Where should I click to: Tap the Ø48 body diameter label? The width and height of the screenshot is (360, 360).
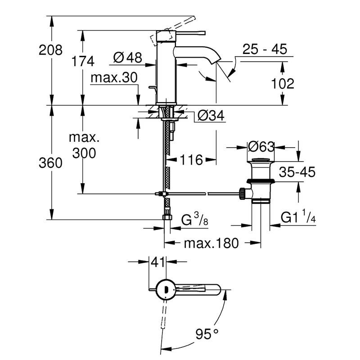pyautogui.click(x=128, y=58)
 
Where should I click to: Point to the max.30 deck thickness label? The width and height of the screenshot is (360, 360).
pyautogui.click(x=113, y=79)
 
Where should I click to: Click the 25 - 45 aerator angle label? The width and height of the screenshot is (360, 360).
pyautogui.click(x=264, y=49)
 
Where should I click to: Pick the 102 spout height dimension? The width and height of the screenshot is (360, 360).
pyautogui.click(x=283, y=84)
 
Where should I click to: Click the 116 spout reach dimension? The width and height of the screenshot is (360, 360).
pyautogui.click(x=192, y=159)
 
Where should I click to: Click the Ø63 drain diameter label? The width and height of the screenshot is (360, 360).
pyautogui.click(x=261, y=147)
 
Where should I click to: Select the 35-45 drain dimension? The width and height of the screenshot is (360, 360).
pyautogui.click(x=297, y=172)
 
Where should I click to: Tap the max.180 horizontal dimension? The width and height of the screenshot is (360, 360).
pyautogui.click(x=211, y=244)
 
